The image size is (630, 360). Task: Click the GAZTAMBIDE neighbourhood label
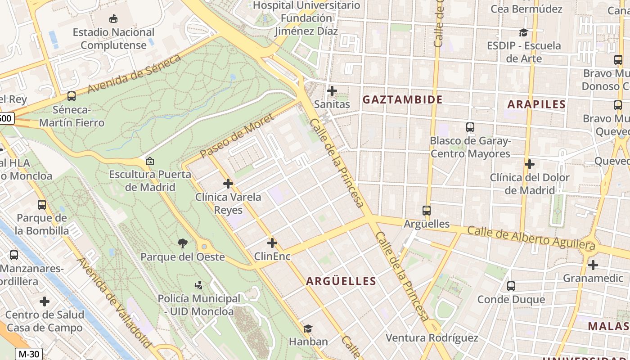[402, 99]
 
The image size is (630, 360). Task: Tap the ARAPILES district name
[536, 104]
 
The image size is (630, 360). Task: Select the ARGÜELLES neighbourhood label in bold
[341, 281]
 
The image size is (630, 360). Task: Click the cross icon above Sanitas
[332, 91]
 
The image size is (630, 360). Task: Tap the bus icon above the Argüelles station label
[426, 210]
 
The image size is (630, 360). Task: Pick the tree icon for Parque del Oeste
[182, 243]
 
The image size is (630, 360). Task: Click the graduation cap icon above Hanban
[308, 329]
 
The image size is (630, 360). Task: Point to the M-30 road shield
[29, 354]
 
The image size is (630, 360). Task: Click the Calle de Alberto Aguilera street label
[531, 238]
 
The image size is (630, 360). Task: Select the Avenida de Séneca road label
[134, 73]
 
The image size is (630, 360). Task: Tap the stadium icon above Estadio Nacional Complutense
[113, 18]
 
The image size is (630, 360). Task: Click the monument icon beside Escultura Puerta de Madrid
[149, 161]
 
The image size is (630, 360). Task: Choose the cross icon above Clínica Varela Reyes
[228, 184]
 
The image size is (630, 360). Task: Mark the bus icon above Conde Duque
[511, 286]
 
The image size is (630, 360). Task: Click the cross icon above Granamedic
[593, 265]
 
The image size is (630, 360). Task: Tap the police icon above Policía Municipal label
[198, 285]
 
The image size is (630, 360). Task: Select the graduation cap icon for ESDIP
[523, 32]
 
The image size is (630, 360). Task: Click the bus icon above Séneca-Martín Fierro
[71, 96]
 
